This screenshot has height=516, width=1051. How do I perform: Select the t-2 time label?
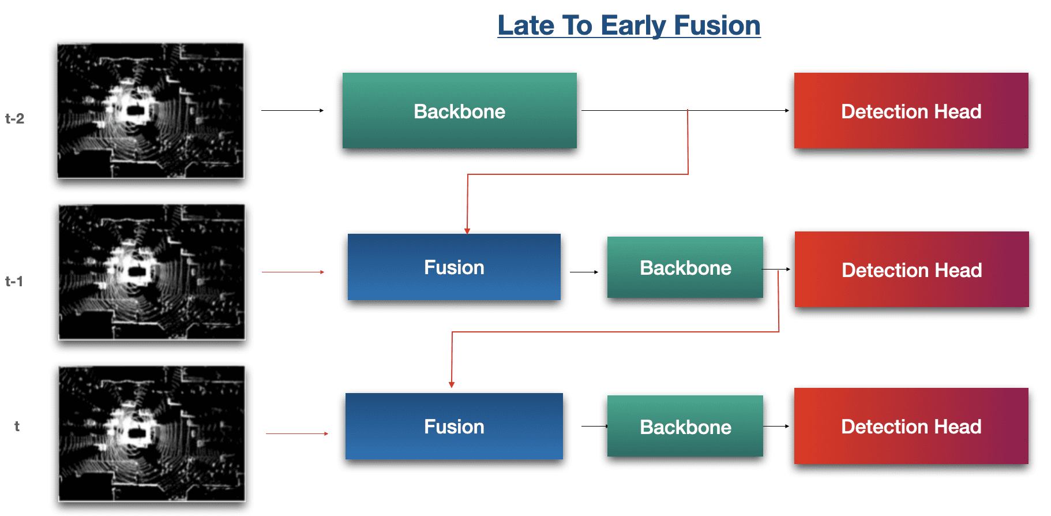click(x=15, y=119)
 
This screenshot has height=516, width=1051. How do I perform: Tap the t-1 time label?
click(x=14, y=282)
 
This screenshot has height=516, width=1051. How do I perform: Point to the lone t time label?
click(x=17, y=427)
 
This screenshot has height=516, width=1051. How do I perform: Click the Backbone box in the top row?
click(x=459, y=111)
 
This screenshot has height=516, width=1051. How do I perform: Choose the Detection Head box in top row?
click(x=911, y=111)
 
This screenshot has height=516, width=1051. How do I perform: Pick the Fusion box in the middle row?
click(x=454, y=267)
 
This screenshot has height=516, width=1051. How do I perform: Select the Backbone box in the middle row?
click(x=685, y=268)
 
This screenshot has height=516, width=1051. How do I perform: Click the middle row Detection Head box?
click(x=911, y=270)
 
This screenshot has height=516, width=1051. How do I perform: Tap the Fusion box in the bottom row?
click(x=454, y=427)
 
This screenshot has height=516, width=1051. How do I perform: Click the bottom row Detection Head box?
click(x=911, y=427)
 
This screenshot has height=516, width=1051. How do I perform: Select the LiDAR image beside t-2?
click(x=151, y=111)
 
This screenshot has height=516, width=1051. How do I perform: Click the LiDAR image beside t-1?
click(x=152, y=272)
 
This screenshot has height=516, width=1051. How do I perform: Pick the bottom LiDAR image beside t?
click(x=152, y=433)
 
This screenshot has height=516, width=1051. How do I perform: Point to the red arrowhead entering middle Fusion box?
click(x=467, y=231)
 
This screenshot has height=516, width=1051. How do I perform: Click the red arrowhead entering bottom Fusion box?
click(x=452, y=384)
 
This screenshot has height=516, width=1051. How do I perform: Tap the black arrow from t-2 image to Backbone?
click(x=292, y=110)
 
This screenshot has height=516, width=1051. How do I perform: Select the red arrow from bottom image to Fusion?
click(x=297, y=433)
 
